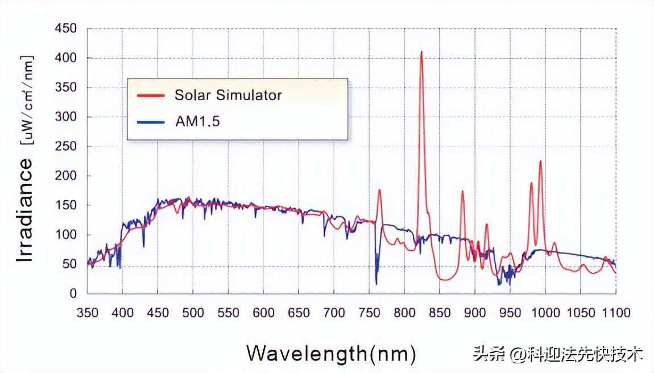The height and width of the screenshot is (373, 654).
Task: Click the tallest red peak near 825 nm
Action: (x=421, y=52)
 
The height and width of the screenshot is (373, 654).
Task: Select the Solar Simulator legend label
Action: (x=227, y=94)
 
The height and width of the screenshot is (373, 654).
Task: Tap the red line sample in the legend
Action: (x=151, y=94)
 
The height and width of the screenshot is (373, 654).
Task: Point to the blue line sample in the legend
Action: (x=151, y=120)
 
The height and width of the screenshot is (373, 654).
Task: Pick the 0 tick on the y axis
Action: (x=73, y=294)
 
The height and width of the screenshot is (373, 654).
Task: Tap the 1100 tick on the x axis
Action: (x=616, y=313)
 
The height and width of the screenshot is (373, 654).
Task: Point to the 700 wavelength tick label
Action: (x=334, y=313)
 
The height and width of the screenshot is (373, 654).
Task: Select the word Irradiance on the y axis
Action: (x=25, y=210)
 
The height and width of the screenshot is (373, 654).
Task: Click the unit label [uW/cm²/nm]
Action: (x=26, y=100)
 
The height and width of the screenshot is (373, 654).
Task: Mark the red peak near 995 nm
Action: (x=540, y=161)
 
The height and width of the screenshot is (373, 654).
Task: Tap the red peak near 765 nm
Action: (x=379, y=190)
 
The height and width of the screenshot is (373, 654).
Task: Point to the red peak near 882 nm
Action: (x=462, y=192)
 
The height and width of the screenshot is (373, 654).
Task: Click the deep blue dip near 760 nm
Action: (x=376, y=283)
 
